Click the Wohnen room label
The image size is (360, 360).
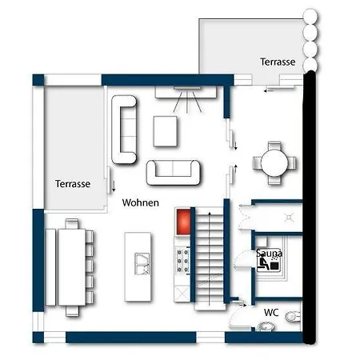(x=141, y=202)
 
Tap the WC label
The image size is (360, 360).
(x=271, y=312)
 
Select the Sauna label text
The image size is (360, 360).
(x=269, y=253)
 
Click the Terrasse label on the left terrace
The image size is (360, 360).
(x=73, y=184)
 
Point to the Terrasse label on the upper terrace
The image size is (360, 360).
(x=278, y=62)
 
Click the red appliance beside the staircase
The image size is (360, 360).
(x=183, y=222)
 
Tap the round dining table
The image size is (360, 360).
(x=274, y=162)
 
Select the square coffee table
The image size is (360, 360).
(x=166, y=131)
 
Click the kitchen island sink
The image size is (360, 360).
(x=142, y=264)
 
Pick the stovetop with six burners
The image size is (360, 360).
(x=182, y=261)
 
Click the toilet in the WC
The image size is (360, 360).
(x=293, y=317)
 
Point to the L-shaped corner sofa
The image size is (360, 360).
(x=124, y=130)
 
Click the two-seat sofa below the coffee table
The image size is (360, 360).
(x=174, y=173)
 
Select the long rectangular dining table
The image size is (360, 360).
(x=72, y=267)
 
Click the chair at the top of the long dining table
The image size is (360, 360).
(x=72, y=223)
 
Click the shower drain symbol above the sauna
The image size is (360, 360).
(x=290, y=218)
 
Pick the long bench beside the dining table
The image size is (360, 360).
(x=50, y=267)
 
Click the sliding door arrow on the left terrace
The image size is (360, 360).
(x=114, y=186)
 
